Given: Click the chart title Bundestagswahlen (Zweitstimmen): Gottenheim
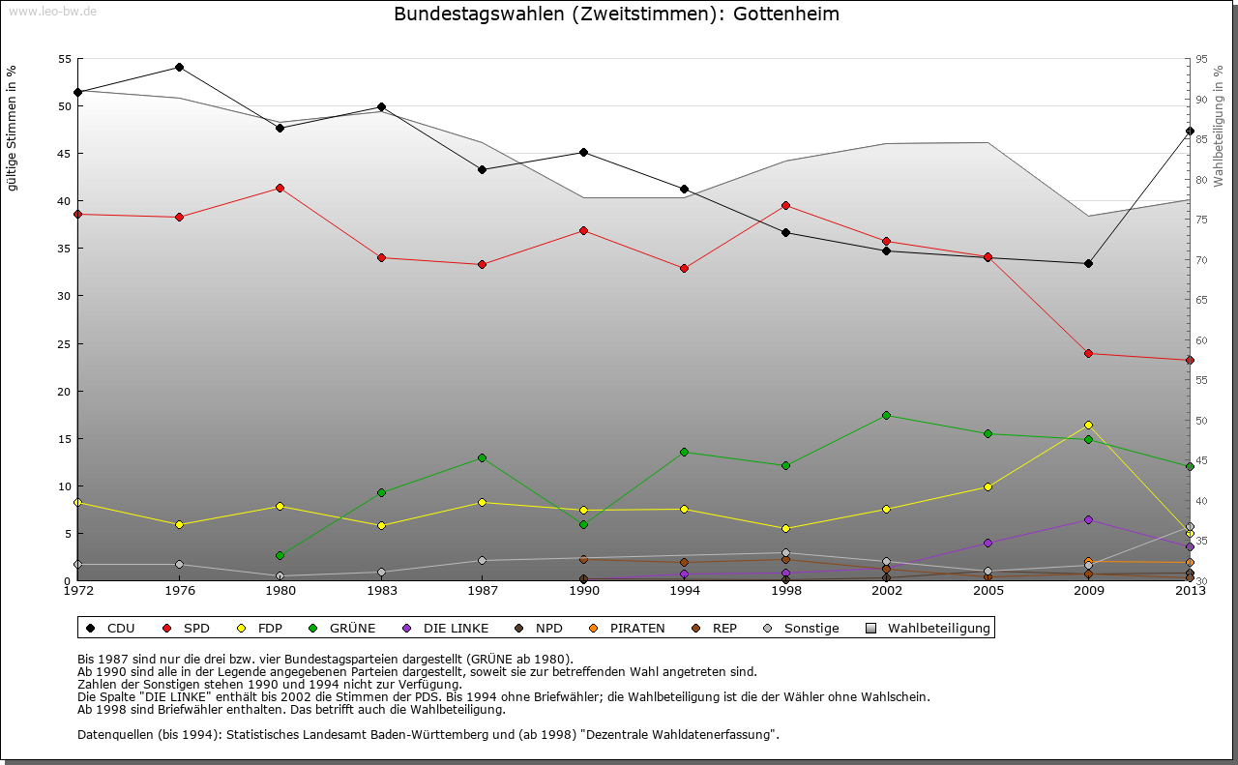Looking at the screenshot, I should [x=616, y=15].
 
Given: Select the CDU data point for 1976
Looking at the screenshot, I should [x=179, y=67].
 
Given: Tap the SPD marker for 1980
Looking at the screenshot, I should [x=280, y=188].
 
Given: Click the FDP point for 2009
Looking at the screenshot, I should [x=1088, y=425].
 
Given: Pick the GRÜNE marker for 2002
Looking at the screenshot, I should [x=886, y=415].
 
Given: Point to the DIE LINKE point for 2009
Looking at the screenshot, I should [x=1088, y=519].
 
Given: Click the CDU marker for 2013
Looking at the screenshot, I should [x=1190, y=131].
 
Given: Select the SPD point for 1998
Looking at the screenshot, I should [x=785, y=205].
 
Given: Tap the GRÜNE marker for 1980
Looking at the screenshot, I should [x=280, y=555].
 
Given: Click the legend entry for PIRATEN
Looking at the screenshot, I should [x=636, y=628].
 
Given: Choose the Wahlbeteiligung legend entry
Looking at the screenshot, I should [x=938, y=628].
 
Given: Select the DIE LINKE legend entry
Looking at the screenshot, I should [x=456, y=628].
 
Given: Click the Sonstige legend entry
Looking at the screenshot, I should [x=811, y=628].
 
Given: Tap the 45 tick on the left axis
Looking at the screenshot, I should [x=66, y=153].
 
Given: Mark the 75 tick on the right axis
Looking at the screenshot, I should [x=1201, y=220].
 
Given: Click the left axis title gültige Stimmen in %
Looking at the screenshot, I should [x=13, y=129].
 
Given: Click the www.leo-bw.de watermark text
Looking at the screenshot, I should [x=52, y=11].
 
